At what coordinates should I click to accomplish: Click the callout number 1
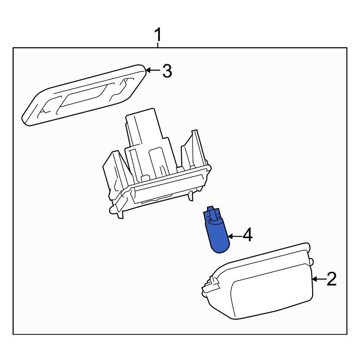pyautogui.click(x=158, y=36)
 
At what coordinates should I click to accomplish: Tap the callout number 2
pyautogui.click(x=331, y=279)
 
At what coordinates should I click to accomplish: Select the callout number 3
pyautogui.click(x=167, y=71)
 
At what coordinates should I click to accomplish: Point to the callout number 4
pyautogui.click(x=248, y=236)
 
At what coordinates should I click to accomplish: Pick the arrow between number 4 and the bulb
pyautogui.click(x=234, y=236)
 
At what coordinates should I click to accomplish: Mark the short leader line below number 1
pyautogui.click(x=158, y=45)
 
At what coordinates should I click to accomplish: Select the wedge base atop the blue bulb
pyautogui.click(x=213, y=214)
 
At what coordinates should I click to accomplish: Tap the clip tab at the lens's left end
pyautogui.click(x=211, y=284)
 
